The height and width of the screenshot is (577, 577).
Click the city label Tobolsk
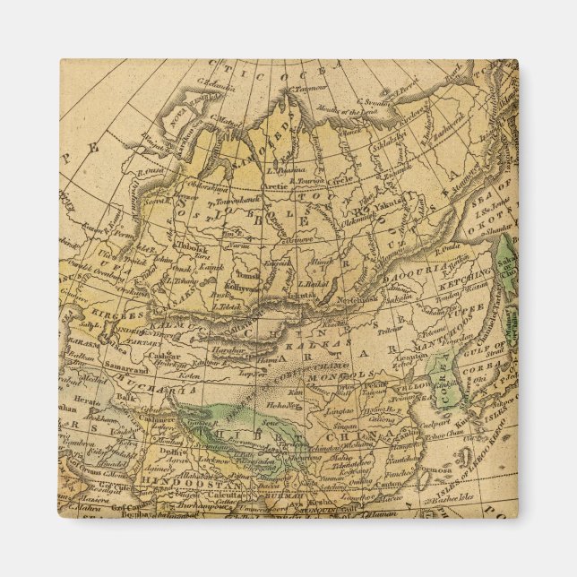pyautogui.click(x=192, y=245)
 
